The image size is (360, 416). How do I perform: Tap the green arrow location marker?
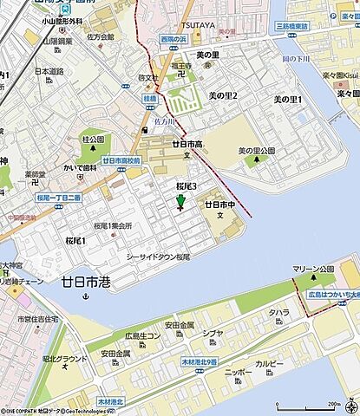pos(180,204)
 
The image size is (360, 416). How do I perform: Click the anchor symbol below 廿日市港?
pos(85,297)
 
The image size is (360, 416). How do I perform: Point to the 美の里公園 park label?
pos(256,151)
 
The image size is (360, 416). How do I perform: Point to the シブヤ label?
pos(213,334)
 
